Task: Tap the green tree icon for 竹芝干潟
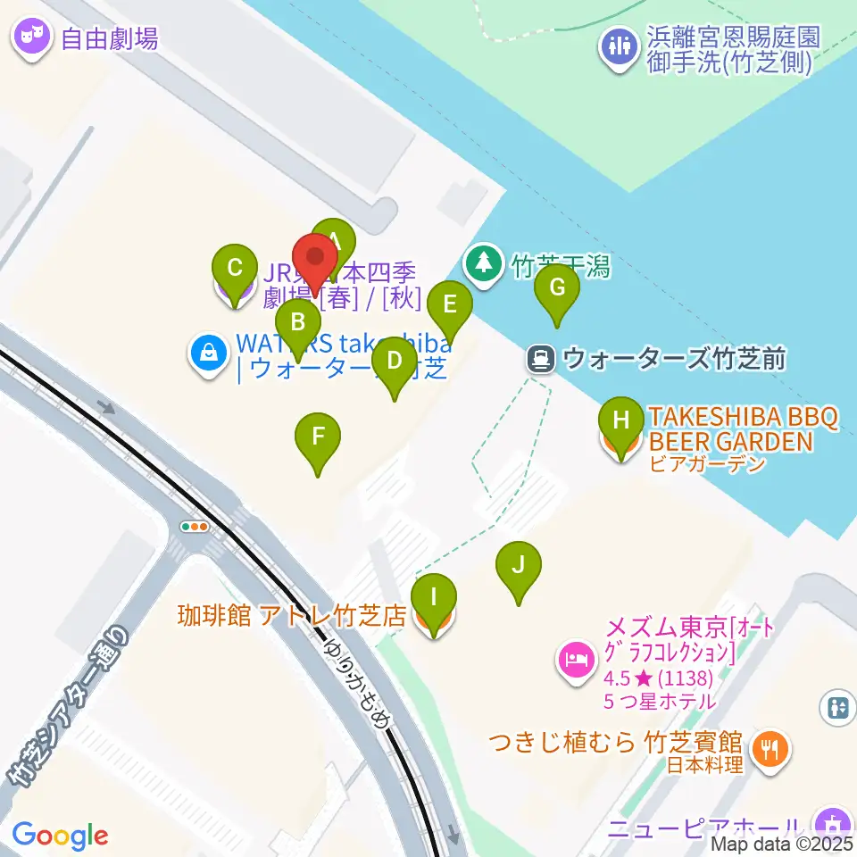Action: click(484, 262)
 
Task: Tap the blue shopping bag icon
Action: click(208, 354)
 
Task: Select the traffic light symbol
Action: click(195, 527)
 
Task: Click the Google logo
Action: click(60, 836)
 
